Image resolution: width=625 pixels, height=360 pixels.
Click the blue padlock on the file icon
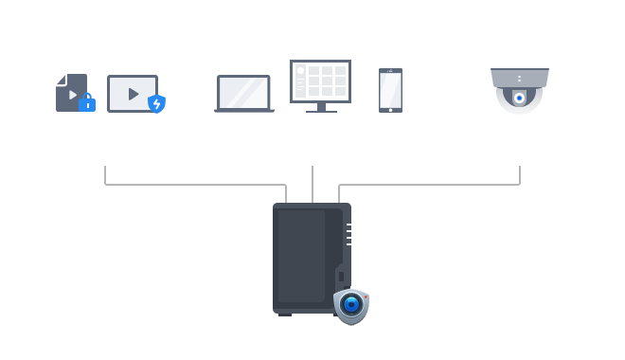point(87,102)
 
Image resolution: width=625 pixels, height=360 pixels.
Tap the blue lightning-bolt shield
point(156,103)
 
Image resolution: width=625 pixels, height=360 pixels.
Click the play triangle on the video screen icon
point(133,94)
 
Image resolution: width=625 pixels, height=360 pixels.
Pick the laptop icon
point(243,94)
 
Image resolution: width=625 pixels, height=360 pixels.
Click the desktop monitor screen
point(320,81)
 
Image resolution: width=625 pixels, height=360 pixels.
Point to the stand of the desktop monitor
point(320,107)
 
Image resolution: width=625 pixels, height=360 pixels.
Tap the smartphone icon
point(390,90)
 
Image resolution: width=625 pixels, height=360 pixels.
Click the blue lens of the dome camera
point(518,98)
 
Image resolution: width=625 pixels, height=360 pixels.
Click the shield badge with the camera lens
point(350,305)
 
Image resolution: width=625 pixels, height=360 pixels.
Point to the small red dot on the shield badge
point(365,296)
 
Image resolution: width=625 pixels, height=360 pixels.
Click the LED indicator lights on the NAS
point(348,234)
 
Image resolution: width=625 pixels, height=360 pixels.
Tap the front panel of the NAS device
point(301,256)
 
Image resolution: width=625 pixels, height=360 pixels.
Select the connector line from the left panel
point(189,184)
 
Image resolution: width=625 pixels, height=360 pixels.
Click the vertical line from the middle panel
point(312,184)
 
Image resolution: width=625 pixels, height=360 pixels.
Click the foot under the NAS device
point(285,314)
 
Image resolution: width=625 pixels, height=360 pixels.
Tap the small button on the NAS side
point(341,276)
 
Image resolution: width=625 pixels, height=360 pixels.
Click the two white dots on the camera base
point(519,78)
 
